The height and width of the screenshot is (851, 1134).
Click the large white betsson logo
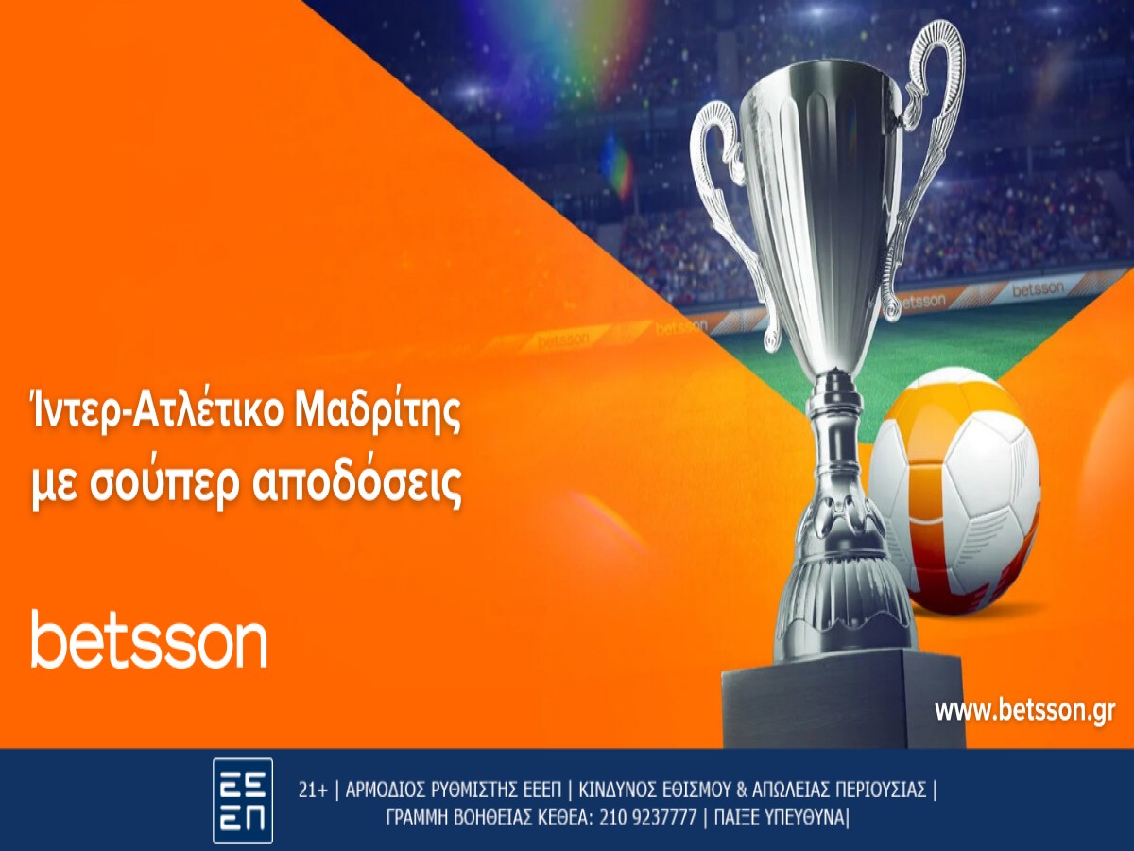[148, 640]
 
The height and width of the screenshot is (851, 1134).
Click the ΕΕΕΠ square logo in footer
[243, 800]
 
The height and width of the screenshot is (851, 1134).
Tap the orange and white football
[954, 492]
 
